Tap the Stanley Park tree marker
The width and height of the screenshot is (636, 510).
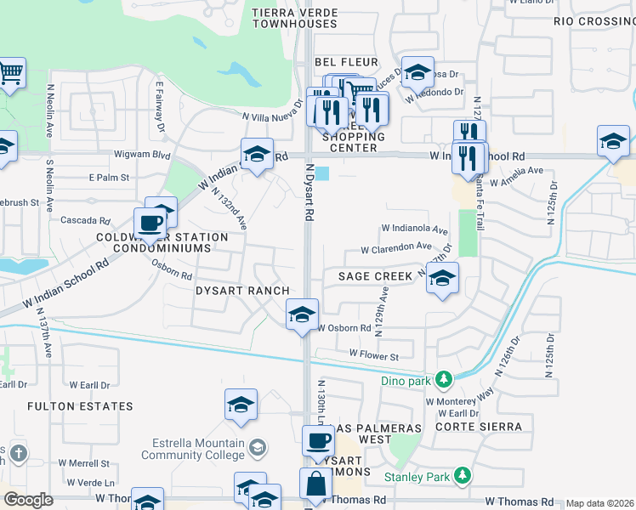click(x=461, y=476)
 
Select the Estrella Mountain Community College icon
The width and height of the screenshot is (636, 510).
click(x=258, y=446)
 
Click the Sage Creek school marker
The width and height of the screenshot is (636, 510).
click(x=442, y=278)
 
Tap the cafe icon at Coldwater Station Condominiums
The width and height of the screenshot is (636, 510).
click(x=150, y=223)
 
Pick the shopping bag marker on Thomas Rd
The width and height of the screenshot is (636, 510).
click(x=315, y=484)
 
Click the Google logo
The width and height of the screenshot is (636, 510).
click(x=28, y=500)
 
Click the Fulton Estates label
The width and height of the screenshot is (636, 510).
click(x=71, y=406)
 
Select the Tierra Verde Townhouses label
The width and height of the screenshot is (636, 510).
click(x=295, y=18)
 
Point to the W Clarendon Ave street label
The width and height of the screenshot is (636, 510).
click(x=396, y=249)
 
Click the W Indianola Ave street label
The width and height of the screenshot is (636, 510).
click(x=414, y=229)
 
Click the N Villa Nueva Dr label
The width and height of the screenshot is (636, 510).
click(x=272, y=117)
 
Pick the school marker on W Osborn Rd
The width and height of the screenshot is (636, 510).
click(x=302, y=314)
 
